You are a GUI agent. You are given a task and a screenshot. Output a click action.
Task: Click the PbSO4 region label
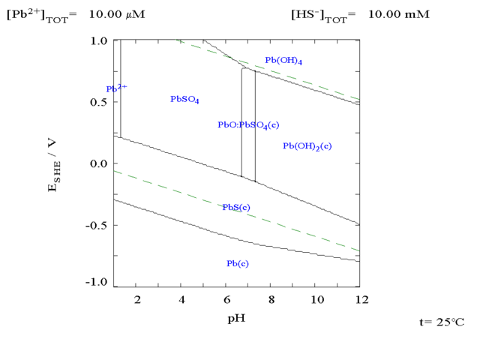[x=184, y=99]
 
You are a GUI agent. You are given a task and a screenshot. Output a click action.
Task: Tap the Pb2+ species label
[x=116, y=88]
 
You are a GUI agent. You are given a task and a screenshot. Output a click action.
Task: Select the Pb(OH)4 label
[x=283, y=61]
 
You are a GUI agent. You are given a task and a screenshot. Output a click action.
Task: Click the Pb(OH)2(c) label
[x=307, y=146]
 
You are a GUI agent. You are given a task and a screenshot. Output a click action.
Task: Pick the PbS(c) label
[x=236, y=207]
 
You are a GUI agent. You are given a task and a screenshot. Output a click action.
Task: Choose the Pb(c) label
[x=238, y=263]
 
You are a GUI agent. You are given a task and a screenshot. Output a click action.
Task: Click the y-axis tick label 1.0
[x=99, y=40]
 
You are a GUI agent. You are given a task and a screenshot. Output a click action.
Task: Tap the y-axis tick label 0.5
[x=99, y=102]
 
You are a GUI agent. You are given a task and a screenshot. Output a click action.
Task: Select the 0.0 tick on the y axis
[x=99, y=163]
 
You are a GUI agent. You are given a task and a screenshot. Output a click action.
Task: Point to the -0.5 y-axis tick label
[x=97, y=225]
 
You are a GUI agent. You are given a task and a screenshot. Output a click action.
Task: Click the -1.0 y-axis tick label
[x=97, y=283]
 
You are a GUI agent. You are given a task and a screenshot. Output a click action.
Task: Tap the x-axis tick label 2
[x=137, y=300]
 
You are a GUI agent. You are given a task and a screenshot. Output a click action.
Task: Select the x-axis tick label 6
[x=227, y=300]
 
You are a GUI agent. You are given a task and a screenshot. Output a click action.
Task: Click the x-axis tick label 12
[x=361, y=300]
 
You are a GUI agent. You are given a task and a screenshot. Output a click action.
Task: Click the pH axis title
[x=236, y=318]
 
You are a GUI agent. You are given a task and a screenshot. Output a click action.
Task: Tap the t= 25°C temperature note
[x=442, y=322]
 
